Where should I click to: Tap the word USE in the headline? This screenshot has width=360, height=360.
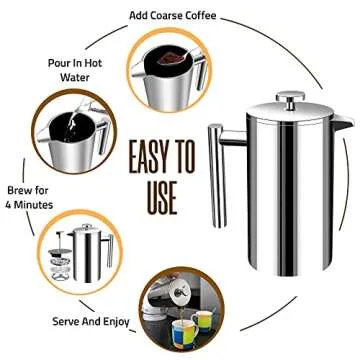tap(152, 196)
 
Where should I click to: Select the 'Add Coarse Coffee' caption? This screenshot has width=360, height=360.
tap(180, 15)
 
